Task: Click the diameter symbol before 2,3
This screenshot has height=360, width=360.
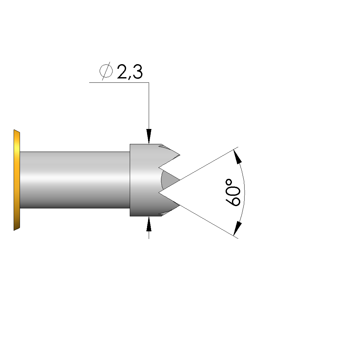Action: point(106,71)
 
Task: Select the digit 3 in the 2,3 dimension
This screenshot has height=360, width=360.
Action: point(137,71)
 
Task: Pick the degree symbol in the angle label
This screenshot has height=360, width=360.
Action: point(229,183)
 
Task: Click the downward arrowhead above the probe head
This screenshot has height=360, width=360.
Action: point(149,136)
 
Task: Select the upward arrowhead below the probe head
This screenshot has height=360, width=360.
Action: point(149,224)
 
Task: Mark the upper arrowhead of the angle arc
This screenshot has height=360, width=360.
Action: point(238,157)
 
